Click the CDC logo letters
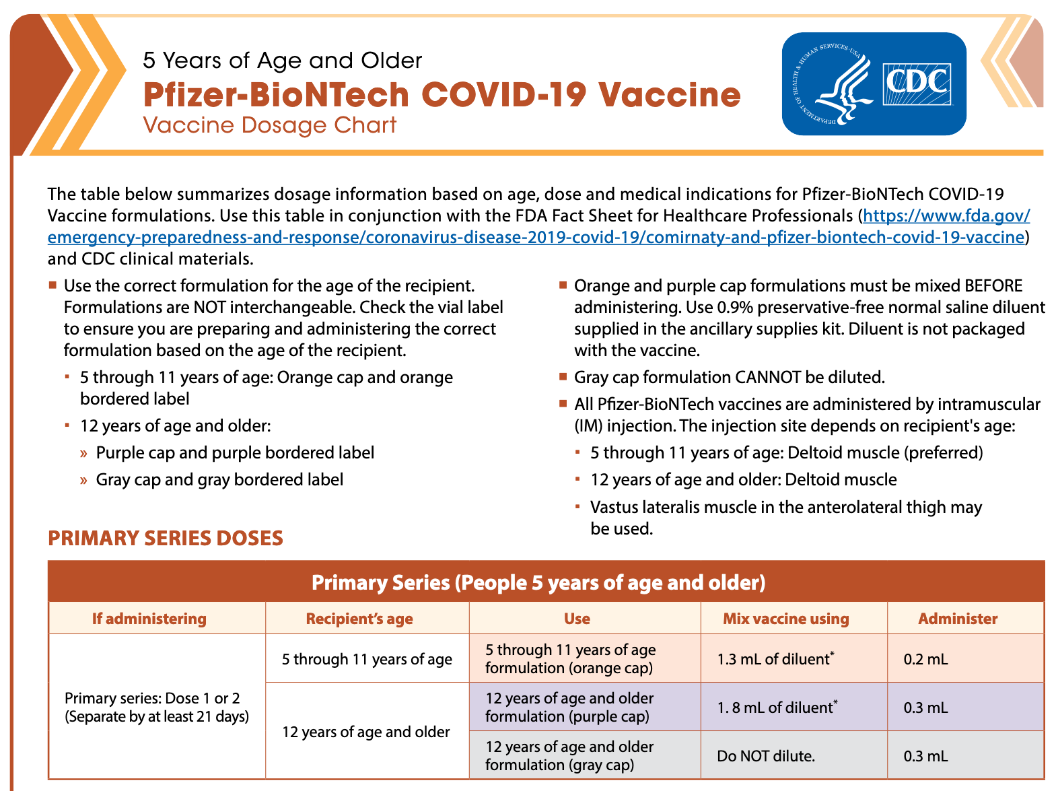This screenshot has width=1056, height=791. coord(917,83)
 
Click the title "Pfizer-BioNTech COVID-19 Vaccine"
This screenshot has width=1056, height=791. coord(442,94)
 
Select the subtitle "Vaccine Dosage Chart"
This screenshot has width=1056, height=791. coord(270,126)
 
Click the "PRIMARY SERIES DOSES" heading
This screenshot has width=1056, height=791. coord(166,539)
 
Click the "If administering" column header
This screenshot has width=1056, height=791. coord(149,619)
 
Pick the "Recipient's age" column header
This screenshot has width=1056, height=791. coord(359,619)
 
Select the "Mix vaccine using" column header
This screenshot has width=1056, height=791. coord(785,619)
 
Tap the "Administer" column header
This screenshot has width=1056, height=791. coord(958,619)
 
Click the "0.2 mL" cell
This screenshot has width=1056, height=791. coord(925,659)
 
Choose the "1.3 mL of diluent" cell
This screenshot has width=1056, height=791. coord(774,659)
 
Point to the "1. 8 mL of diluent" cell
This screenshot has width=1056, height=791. coord(775,708)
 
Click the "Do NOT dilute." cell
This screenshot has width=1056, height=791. coord(765,756)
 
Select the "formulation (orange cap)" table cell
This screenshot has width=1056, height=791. coord(569,659)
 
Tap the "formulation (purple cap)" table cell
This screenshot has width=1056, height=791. coord(568,708)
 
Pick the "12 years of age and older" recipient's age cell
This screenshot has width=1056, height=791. coord(365,732)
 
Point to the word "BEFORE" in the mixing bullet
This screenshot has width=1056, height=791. coord(993,286)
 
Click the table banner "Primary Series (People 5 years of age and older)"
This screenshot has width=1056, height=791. coord(538,582)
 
